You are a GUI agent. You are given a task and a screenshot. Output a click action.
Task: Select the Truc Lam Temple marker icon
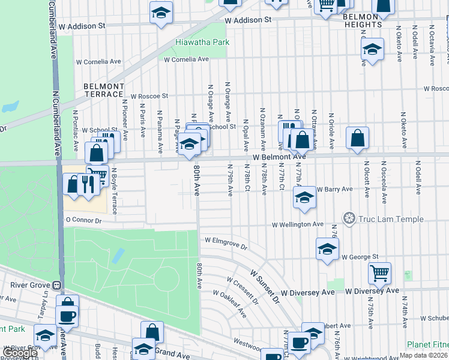[x=349, y=218]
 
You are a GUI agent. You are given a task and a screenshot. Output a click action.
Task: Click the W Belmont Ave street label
[x=279, y=157]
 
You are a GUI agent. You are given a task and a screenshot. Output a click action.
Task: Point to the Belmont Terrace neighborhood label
[x=103, y=91]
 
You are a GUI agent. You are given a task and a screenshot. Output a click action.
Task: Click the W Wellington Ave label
[x=298, y=224]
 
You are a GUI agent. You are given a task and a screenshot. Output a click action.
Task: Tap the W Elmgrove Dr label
[x=226, y=242]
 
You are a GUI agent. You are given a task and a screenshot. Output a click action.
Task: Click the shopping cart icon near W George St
[x=379, y=273]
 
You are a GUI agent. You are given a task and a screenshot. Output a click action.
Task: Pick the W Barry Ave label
[x=334, y=189]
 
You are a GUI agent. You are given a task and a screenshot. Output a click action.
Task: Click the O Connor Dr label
[x=84, y=221]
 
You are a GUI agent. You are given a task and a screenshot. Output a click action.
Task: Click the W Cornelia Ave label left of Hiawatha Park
[x=99, y=61]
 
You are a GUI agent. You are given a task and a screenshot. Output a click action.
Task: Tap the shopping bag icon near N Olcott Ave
[x=357, y=138]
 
